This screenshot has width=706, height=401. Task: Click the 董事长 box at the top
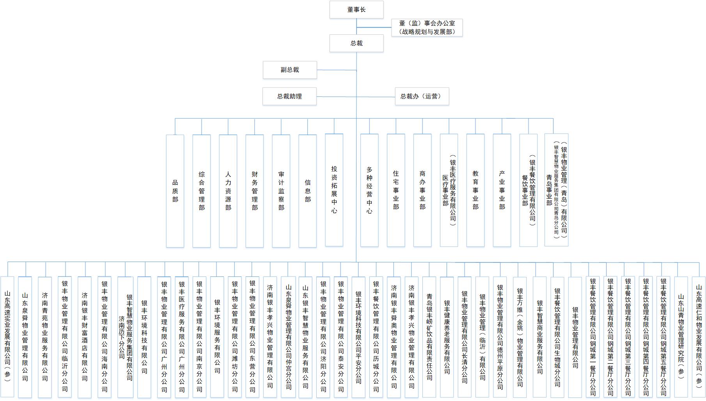(356, 9)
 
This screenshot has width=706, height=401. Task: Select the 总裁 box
(356, 43)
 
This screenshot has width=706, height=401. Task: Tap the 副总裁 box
(289, 70)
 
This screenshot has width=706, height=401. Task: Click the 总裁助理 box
(289, 96)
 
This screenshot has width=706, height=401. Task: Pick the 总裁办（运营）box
(422, 96)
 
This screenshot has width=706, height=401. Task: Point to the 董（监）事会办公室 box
(427, 28)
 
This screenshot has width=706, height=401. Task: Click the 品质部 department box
(175, 191)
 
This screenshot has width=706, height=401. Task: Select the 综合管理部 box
(202, 191)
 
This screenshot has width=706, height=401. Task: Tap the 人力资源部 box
(228, 191)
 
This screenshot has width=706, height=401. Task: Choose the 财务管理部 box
(255, 191)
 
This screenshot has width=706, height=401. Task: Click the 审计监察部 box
(281, 191)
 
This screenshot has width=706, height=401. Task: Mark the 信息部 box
(307, 191)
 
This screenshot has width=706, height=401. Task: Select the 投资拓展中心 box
(334, 190)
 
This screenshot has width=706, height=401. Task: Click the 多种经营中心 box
(369, 190)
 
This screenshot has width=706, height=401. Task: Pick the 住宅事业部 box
(396, 190)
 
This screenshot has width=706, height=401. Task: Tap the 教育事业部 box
(475, 190)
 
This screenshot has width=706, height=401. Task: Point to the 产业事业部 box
(502, 190)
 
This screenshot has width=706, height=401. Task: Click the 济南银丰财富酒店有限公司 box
(85, 337)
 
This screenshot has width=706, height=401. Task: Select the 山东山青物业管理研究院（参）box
(681, 337)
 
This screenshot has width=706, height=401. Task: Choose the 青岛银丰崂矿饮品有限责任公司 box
(429, 337)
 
